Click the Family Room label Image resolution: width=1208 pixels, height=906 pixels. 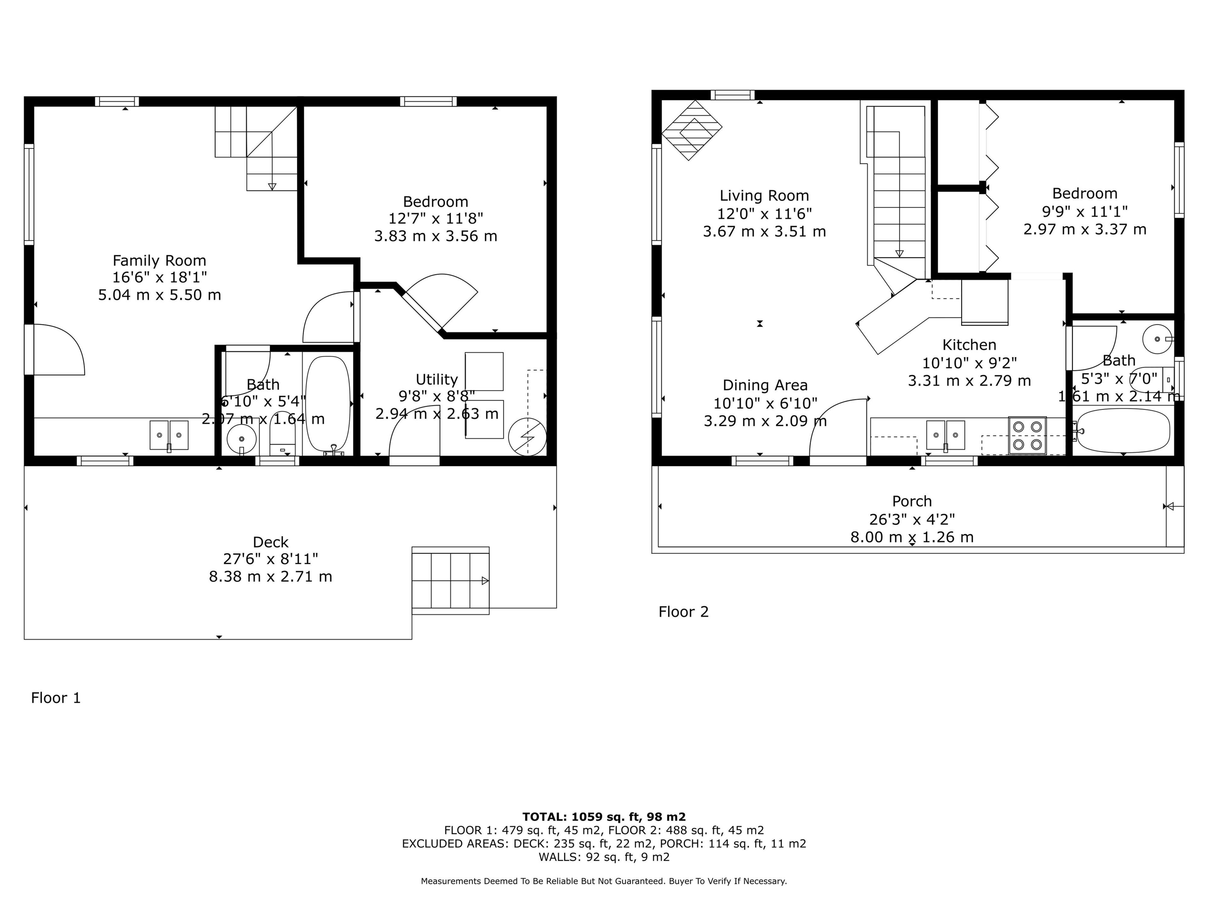[159, 260]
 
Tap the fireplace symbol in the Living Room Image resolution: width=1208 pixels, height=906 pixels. [691, 130]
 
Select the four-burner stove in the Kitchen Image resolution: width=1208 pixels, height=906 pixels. [1027, 435]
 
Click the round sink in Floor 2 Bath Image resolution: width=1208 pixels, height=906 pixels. [1157, 339]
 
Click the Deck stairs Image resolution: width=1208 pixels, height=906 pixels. [450, 580]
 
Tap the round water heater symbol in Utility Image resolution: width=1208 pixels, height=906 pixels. [527, 436]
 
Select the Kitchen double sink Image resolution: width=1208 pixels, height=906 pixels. [945, 435]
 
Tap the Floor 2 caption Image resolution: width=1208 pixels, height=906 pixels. [683, 612]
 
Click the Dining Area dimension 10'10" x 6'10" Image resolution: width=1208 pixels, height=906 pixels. [765, 403]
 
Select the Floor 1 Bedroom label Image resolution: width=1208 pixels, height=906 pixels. [435, 202]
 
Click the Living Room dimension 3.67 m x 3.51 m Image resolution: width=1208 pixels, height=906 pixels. [764, 231]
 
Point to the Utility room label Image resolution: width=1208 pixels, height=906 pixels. [436, 379]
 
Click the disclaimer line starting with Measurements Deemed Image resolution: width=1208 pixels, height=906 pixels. [603, 881]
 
